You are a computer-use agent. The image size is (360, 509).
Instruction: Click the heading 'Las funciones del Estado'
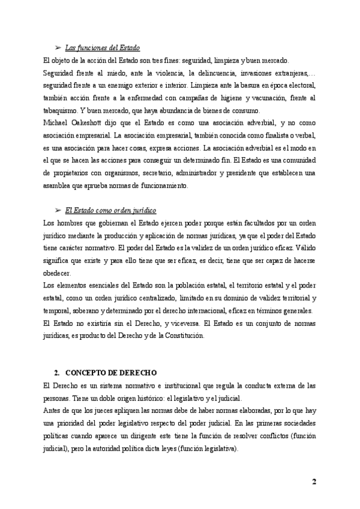[x=103, y=48]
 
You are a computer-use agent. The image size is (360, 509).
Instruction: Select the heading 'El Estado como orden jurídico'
[x=110, y=211]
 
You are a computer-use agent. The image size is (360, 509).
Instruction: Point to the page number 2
[x=314, y=482]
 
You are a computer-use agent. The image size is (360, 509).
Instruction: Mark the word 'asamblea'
[x=59, y=186]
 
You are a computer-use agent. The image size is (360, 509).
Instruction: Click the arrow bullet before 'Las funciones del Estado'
[x=58, y=48]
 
